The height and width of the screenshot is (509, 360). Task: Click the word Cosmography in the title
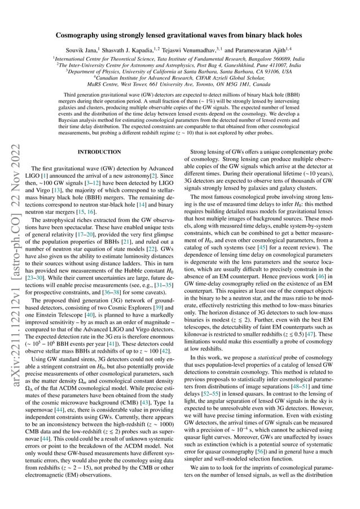coord(80,35)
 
